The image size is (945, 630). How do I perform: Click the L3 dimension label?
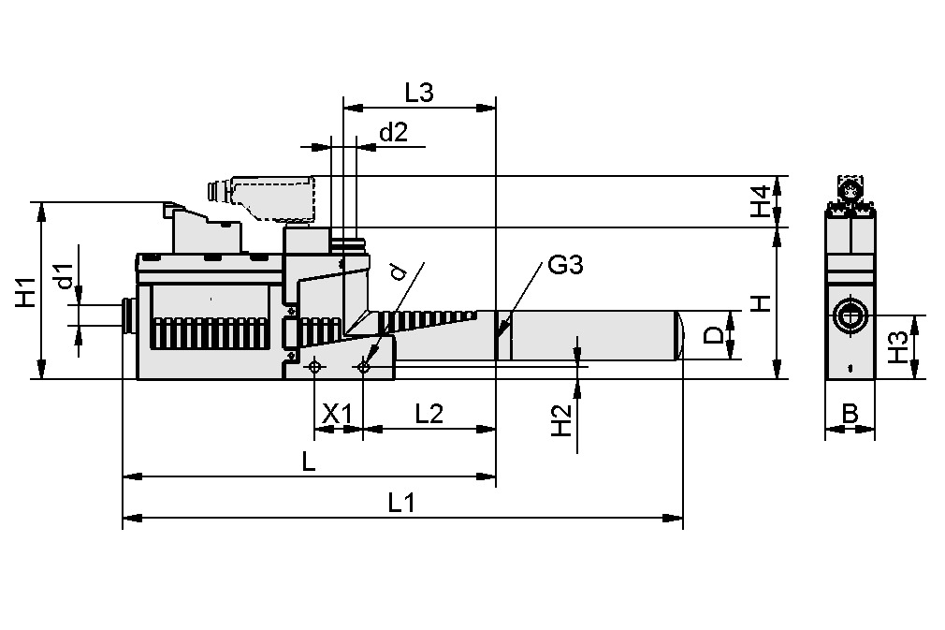pos(419,93)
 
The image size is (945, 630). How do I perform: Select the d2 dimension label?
pos(393,133)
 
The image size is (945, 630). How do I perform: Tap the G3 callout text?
pos(565,266)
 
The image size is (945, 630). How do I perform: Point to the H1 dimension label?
pos(25,292)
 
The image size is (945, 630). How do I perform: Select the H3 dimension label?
pos(897,347)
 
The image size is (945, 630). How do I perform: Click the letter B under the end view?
pos(850,414)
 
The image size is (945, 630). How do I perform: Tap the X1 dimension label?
pos(337,414)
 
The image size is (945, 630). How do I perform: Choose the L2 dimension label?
pos(429,414)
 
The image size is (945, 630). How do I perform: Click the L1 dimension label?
pos(401,503)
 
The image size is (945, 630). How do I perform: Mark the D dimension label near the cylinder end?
pos(713,335)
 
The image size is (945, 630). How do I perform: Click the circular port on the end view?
pos(850,315)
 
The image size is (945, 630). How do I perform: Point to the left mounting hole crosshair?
pos(314,366)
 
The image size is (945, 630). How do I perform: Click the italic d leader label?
pos(400,271)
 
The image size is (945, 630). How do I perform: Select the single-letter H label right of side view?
pos(763,302)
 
